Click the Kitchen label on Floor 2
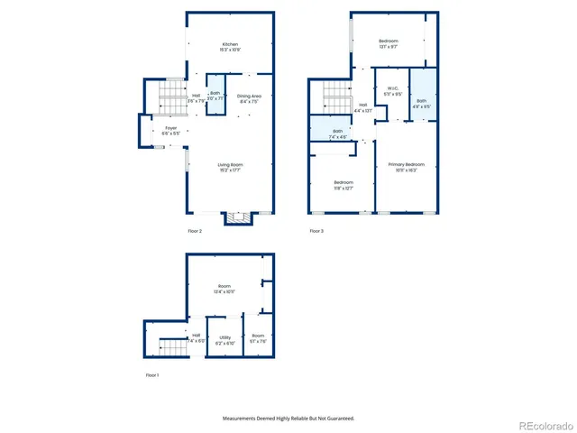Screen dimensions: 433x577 point(231,47)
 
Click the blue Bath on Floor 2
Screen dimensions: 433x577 point(215,96)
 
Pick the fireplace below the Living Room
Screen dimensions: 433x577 point(239,218)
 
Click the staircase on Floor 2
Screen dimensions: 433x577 point(170,97)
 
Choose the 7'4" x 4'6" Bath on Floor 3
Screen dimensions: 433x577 point(336,134)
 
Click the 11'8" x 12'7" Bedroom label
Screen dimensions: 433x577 point(342,185)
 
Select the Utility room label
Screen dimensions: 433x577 point(225,339)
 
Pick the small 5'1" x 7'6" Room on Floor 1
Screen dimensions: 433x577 point(258,339)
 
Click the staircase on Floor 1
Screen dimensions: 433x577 point(171,345)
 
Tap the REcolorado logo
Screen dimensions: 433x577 point(542,425)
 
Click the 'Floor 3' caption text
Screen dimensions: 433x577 point(316,232)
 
